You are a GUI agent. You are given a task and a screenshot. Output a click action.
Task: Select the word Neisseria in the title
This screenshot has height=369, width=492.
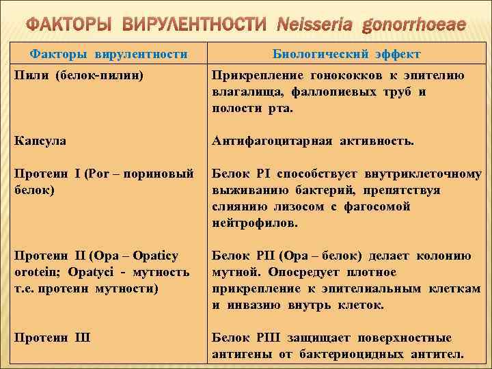click(x=316, y=25)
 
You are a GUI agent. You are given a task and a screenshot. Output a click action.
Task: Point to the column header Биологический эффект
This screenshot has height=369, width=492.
click(x=346, y=54)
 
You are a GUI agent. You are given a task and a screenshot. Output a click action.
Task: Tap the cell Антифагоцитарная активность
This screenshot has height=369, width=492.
click(x=312, y=141)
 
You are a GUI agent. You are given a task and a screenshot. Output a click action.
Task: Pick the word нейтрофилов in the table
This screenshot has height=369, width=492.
click(x=255, y=223)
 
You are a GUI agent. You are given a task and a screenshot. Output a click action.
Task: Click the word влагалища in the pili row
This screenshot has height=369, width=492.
click(x=245, y=92)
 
